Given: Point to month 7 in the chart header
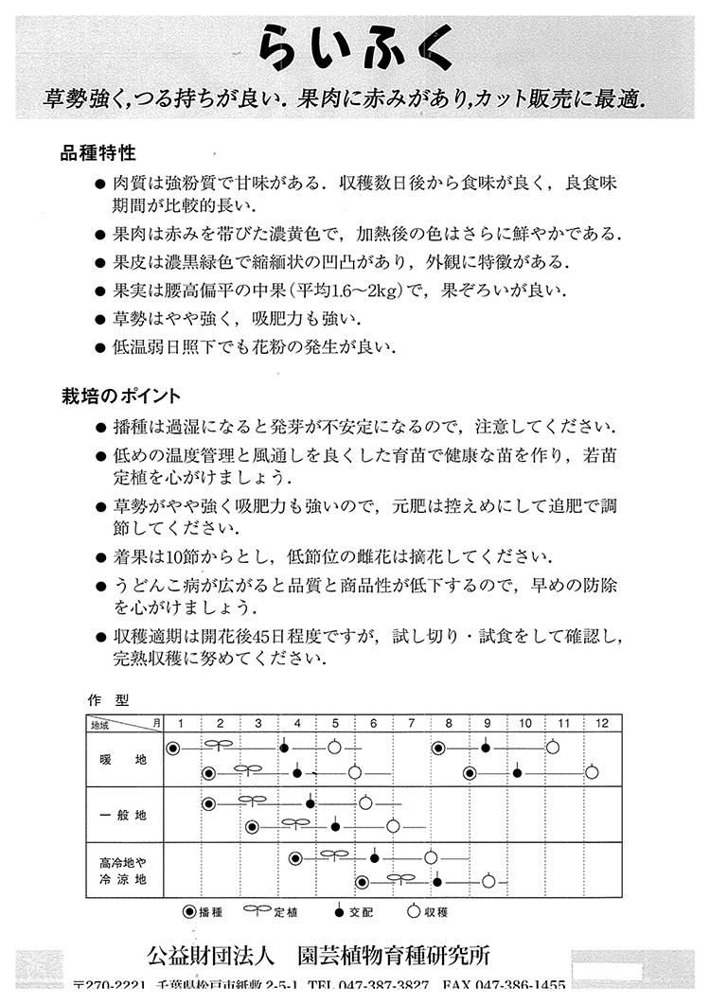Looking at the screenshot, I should point(411,724).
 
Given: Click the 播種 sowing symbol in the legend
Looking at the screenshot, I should point(189,912).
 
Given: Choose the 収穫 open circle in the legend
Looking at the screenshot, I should point(413,912).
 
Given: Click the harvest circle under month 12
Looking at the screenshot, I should point(592,772).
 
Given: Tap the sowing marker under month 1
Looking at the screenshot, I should point(172,749).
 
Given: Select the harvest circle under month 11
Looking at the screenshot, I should point(552,749).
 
